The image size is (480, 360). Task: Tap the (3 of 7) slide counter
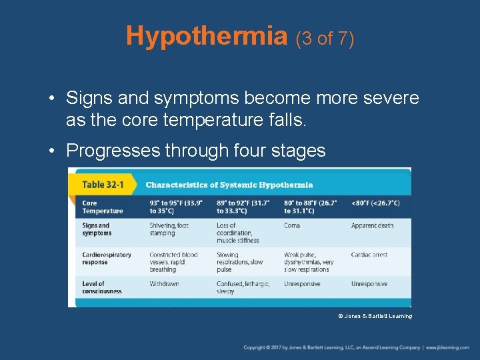coord(325,38)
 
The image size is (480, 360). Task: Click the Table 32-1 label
coord(101,185)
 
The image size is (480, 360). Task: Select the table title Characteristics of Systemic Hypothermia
coord(229,185)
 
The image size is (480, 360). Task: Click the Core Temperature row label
coord(102,207)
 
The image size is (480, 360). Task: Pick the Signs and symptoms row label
coord(97,229)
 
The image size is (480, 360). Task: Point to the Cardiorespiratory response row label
coord(107,259)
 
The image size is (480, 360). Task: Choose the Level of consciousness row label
coord(102,287)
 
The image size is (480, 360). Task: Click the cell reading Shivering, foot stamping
coord(169,229)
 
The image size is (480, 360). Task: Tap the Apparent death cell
coord(372,226)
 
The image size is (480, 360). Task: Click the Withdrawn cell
coord(164,284)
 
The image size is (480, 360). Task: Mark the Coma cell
coord(292,226)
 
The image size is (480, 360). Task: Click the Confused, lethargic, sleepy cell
coord(243,287)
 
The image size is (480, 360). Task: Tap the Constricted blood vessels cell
coord(173,262)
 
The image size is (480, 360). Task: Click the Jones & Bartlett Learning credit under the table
coord(375,316)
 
